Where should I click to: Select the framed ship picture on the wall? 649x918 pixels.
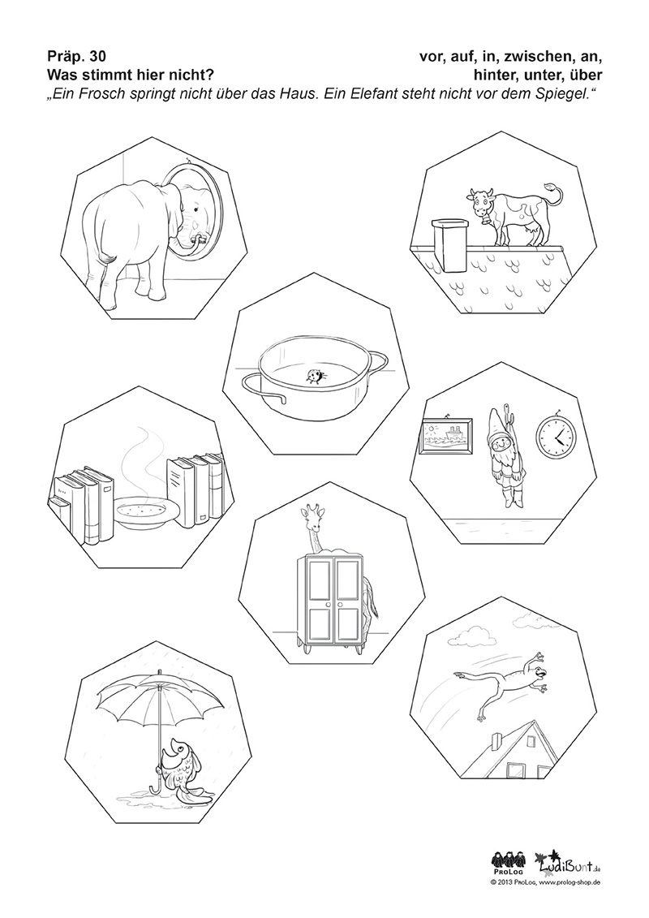(x=448, y=435)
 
